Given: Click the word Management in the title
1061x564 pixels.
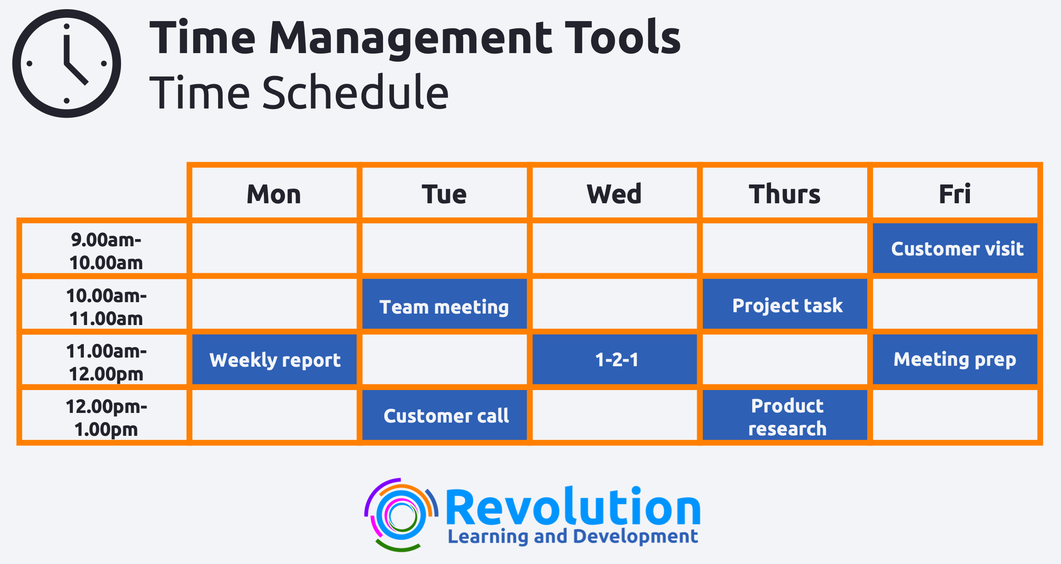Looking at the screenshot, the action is pyautogui.click(x=411, y=39).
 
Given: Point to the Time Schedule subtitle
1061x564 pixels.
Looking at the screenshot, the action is pyautogui.click(x=299, y=93).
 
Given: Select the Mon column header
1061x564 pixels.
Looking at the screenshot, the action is pyautogui.click(x=274, y=194).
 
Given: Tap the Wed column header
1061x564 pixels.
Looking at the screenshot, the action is pyautogui.click(x=614, y=194).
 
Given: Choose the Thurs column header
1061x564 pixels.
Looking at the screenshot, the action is pyautogui.click(x=785, y=194).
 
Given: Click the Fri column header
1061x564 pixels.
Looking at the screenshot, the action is pyautogui.click(x=955, y=194).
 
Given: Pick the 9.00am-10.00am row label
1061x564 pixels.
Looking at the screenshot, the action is pyautogui.click(x=106, y=251).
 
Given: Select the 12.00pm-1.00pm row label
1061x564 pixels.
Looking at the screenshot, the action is pyautogui.click(x=106, y=418).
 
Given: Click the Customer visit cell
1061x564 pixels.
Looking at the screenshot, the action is pyautogui.click(x=955, y=248).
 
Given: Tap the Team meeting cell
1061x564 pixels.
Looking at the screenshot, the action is pyautogui.click(x=444, y=304).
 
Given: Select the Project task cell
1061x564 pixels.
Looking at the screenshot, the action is pyautogui.click(x=785, y=304).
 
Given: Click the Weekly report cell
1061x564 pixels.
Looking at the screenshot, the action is pyautogui.click(x=274, y=359).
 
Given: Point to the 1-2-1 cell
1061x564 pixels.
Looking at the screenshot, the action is pyautogui.click(x=615, y=359).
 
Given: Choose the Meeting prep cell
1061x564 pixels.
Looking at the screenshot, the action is pyautogui.click(x=955, y=359).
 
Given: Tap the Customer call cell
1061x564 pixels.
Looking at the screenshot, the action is pyautogui.click(x=444, y=415).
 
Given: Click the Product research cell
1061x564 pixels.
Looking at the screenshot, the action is pyautogui.click(x=785, y=415).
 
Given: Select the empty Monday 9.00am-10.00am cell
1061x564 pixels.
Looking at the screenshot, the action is pyautogui.click(x=274, y=248).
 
